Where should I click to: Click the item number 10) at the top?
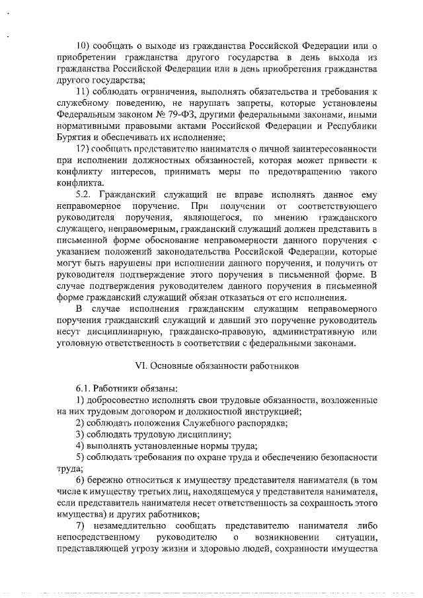click(x=83, y=46)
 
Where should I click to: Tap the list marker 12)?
click(x=83, y=148)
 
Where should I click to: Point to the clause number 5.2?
click(x=84, y=194)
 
